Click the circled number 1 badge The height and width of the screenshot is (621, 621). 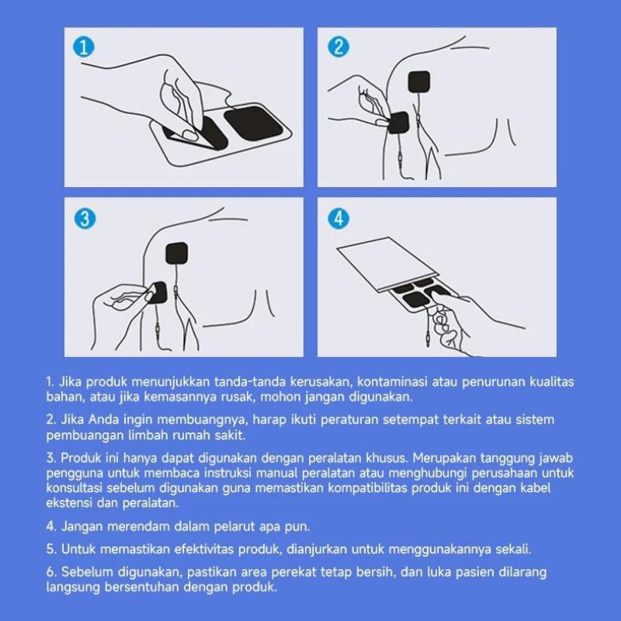[x=84, y=47]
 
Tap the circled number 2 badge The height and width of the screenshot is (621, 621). [x=338, y=47]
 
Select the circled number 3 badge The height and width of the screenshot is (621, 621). [x=85, y=219]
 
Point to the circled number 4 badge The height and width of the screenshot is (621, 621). [x=338, y=219]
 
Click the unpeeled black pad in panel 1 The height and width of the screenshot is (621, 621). [x=254, y=123]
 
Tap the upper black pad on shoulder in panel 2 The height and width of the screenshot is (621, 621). [x=419, y=82]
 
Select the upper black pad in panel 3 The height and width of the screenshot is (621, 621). [x=176, y=253]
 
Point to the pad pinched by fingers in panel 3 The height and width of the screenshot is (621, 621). [x=158, y=293]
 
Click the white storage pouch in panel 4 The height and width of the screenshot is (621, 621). [x=387, y=263]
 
